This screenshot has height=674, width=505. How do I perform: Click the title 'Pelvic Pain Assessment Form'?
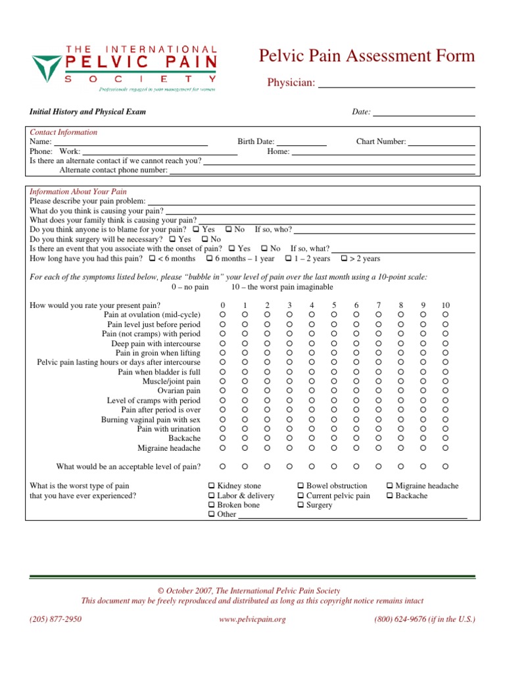pos(368,56)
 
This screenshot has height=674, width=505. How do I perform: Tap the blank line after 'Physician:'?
pos(397,84)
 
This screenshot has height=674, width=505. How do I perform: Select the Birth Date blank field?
pos(302,142)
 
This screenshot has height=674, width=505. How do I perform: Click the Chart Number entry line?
pos(441,142)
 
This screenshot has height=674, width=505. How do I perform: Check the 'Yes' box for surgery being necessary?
pos(172,240)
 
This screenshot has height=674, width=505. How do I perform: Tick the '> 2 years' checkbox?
pos(343,259)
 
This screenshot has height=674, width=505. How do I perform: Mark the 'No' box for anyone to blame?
pos(228,230)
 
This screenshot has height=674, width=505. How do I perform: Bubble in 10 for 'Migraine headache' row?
pos(445,448)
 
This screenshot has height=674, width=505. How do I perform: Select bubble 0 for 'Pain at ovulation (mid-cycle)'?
pos(222,315)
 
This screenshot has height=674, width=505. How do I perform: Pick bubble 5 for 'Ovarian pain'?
pos(334,391)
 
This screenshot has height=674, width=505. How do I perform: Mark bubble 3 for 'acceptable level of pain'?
pos(289,467)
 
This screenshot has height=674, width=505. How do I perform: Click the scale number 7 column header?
pos(378,305)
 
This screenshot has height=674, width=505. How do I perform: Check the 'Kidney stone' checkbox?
pos(211,486)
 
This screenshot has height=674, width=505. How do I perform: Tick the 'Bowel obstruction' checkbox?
pos(301,486)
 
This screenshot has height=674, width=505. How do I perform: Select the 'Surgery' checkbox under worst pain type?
pos(301,505)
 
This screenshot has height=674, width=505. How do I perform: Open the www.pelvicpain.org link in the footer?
pos(252,619)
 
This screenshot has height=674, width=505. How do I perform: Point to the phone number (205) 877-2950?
pos(56,619)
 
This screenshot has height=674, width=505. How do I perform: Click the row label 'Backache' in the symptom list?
pos(184,438)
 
